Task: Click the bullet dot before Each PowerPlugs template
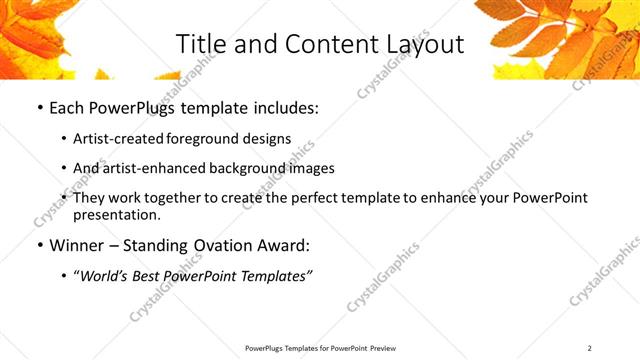coord(39,108)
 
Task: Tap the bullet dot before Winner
coord(39,244)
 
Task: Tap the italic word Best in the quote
coord(150,274)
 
